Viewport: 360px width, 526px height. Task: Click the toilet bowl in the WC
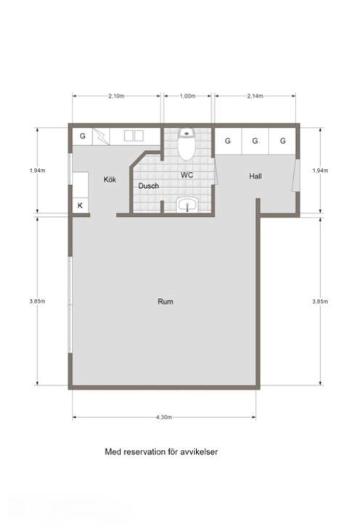[187, 144]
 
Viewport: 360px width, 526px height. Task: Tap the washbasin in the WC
[187, 205]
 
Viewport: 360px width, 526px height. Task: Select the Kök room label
[110, 179]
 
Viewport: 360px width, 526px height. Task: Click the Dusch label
[149, 186]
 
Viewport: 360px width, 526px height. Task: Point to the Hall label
[255, 176]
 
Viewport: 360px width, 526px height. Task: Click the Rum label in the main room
[165, 301]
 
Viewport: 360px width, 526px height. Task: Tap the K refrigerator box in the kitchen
[80, 205]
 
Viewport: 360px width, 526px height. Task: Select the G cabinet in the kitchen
[83, 136]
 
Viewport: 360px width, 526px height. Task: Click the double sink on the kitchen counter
[134, 136]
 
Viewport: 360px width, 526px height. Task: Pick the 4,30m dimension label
[164, 417]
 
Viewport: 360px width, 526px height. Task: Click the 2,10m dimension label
[116, 96]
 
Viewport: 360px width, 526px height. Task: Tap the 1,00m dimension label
[187, 96]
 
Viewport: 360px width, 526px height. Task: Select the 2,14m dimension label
[255, 96]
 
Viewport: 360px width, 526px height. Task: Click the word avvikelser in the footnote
[200, 451]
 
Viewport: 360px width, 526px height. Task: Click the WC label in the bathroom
[187, 175]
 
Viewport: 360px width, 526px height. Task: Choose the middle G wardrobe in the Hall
[255, 141]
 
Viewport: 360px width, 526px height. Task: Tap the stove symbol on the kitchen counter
[101, 136]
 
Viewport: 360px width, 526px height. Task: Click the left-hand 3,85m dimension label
[37, 301]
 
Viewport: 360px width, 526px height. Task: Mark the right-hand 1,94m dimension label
[320, 170]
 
